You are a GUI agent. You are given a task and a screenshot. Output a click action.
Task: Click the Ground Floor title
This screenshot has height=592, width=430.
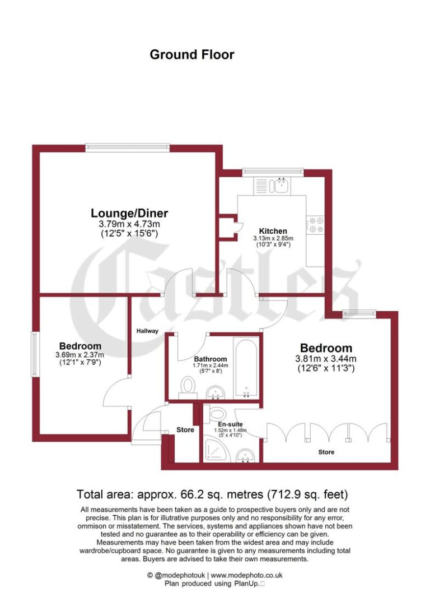191,54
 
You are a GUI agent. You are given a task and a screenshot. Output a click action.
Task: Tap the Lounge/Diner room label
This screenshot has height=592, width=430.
129,213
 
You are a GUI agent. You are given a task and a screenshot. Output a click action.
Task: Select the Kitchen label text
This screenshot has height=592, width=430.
273,231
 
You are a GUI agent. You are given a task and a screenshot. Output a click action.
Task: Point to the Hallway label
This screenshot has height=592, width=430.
148,331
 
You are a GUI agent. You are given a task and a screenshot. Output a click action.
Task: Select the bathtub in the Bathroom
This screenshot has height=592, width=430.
246,367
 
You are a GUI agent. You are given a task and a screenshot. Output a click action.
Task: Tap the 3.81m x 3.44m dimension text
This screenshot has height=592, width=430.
326,359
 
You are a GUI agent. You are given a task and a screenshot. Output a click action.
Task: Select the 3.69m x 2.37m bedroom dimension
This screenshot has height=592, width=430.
80,354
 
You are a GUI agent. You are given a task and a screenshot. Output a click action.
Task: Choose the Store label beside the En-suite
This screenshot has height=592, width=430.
185,430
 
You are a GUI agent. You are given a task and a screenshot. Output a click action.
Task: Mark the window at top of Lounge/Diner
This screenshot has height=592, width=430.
127,147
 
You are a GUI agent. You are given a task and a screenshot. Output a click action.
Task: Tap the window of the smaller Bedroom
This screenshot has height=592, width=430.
35,354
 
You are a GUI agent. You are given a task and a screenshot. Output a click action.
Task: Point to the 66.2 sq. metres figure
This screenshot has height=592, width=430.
211,494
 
